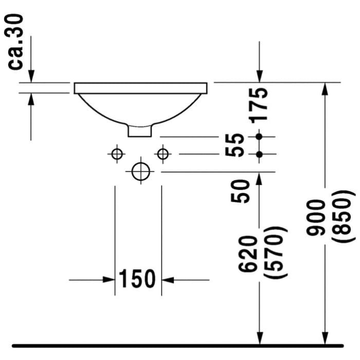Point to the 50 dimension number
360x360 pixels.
click(x=242, y=191)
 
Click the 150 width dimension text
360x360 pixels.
click(x=137, y=279)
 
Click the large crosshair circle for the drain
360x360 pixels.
click(x=140, y=171)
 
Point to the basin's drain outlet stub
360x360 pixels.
click(x=140, y=131)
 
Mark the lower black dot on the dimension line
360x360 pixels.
click(x=259, y=154)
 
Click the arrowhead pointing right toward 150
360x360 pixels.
click(x=108, y=280)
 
